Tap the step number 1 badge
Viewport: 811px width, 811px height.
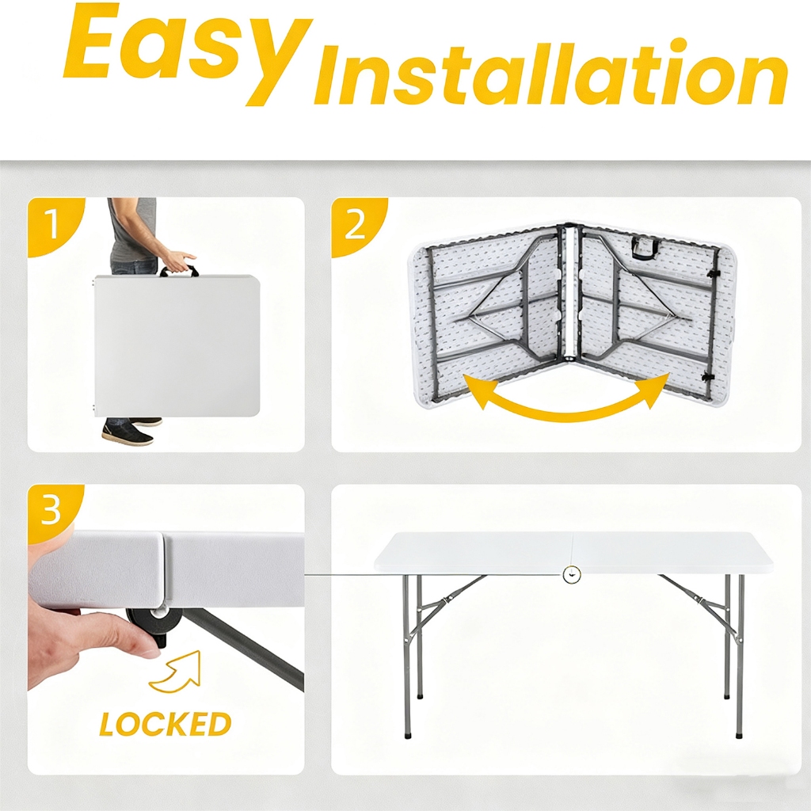pyautogui.click(x=52, y=224)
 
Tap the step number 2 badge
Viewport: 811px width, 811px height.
pyautogui.click(x=356, y=225)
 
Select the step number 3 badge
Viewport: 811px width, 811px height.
pyautogui.click(x=51, y=511)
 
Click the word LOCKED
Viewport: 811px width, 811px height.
pyautogui.click(x=166, y=724)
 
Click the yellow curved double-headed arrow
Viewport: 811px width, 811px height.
pyautogui.click(x=566, y=399)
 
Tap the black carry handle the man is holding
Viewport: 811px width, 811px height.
pyautogui.click(x=178, y=271)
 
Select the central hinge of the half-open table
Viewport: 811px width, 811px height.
pyautogui.click(x=570, y=293)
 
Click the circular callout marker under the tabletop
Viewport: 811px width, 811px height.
pyautogui.click(x=572, y=574)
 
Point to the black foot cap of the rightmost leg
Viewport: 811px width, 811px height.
pyautogui.click(x=739, y=733)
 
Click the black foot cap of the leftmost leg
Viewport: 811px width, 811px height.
pyautogui.click(x=407, y=733)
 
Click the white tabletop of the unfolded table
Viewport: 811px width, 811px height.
pyautogui.click(x=573, y=552)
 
